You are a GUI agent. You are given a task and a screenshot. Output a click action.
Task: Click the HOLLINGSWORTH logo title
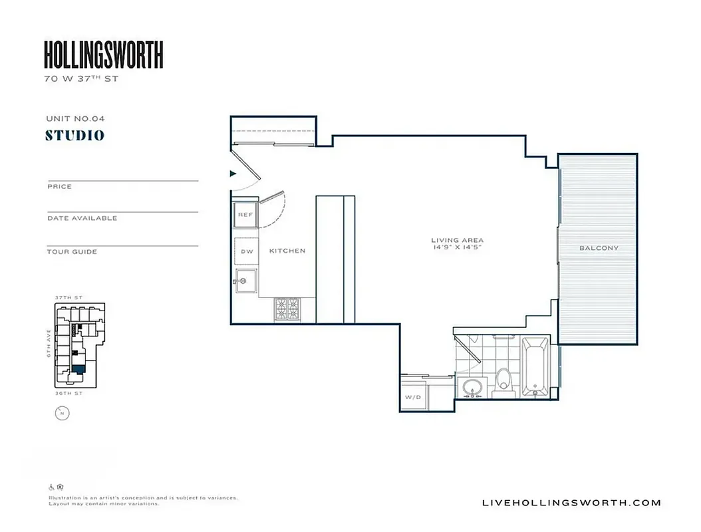coord(104,55)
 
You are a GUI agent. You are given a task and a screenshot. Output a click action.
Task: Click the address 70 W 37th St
coord(80,78)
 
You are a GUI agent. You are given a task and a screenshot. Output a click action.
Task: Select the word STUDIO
coord(74,136)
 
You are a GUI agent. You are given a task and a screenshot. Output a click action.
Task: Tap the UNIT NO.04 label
coord(75,118)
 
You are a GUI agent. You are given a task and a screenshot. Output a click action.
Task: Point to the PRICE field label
coord(59,187)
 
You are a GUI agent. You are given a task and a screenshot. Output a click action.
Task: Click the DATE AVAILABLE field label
coord(82,218)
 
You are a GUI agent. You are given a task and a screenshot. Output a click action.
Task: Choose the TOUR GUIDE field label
coord(72,252)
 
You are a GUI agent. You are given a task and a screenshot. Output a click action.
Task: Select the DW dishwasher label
coord(247,251)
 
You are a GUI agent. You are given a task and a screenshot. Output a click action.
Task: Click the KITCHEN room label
coord(287,251)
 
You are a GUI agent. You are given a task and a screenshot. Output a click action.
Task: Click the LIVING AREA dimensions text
coord(457,244)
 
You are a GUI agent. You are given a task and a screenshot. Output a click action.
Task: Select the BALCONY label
coord(599,248)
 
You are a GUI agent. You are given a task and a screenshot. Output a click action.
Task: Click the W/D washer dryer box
coord(412,397)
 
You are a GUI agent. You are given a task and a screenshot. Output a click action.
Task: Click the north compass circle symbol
coord(62,414)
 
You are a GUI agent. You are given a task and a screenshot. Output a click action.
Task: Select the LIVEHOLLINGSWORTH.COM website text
coord(571,503)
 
